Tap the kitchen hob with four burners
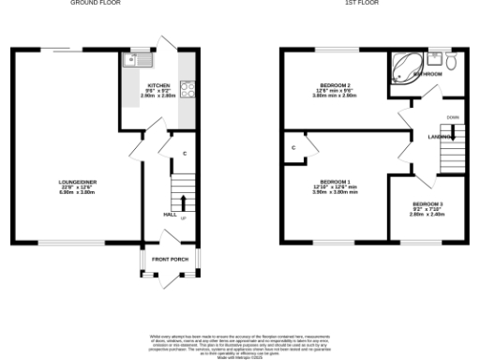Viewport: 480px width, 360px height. coord(187,91)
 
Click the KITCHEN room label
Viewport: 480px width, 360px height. coord(157,84)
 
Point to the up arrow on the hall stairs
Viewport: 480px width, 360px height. coord(182,202)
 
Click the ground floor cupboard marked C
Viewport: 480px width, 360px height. coord(185,153)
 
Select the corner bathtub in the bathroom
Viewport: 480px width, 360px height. coord(407,67)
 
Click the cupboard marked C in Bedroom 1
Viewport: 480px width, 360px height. coord(293,147)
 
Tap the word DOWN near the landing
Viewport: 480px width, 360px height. coord(453,117)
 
